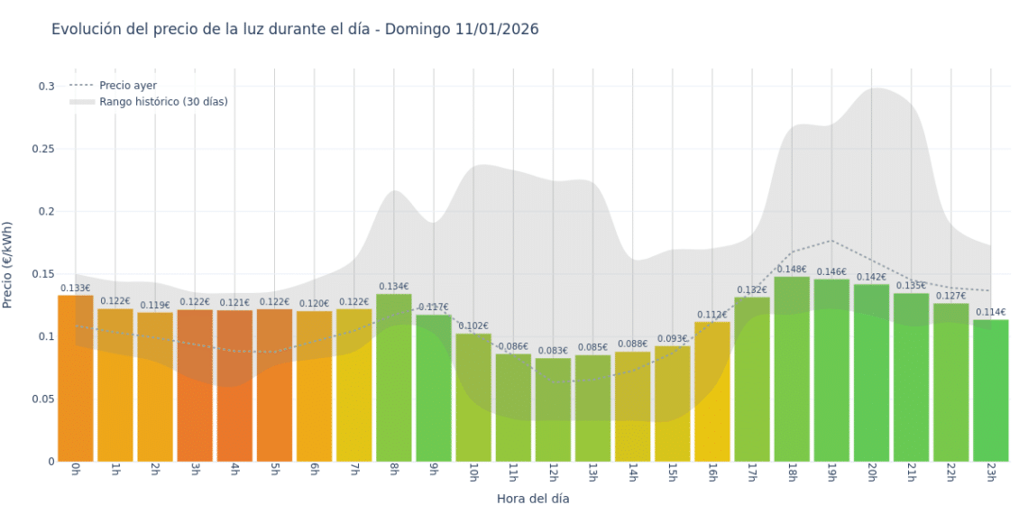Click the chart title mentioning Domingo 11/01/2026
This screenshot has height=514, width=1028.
pyautogui.click(x=295, y=29)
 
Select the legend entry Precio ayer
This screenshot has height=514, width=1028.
pyautogui.click(x=128, y=86)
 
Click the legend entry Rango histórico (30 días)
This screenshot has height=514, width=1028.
pyautogui.click(x=163, y=102)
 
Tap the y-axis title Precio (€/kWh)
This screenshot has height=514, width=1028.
pyautogui.click(x=8, y=266)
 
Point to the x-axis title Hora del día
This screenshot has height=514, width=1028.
pyautogui.click(x=533, y=498)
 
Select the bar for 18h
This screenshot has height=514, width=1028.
pyautogui.click(x=791, y=370)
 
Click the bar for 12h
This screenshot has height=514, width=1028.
pyautogui.click(x=553, y=410)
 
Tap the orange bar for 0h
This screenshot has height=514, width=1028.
pyautogui.click(x=76, y=379)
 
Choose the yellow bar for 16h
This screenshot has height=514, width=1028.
pyautogui.click(x=711, y=392)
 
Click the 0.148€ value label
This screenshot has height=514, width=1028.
pyautogui.click(x=791, y=269)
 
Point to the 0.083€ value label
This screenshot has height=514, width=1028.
pyautogui.click(x=553, y=351)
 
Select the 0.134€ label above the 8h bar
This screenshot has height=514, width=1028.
pyautogui.click(x=394, y=287)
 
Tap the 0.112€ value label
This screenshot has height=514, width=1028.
pyautogui.click(x=711, y=315)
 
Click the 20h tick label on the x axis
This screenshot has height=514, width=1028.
pyautogui.click(x=871, y=473)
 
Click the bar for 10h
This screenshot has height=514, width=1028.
pyautogui.click(x=473, y=398)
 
